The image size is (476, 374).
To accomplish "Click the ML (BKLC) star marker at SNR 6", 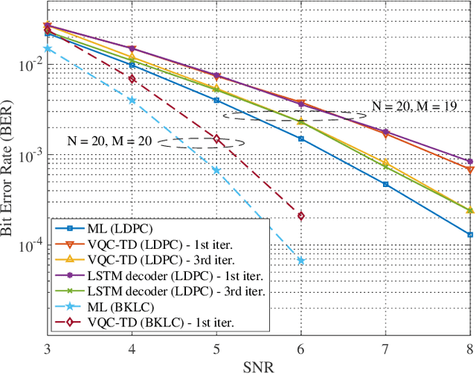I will click(301, 260).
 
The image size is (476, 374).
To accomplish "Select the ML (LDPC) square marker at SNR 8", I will click(470, 234).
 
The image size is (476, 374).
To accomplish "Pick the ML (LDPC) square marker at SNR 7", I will click(385, 184).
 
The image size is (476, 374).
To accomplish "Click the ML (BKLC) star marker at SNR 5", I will click(216, 170).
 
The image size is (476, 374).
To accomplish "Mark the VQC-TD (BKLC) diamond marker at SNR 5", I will click(216, 139).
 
